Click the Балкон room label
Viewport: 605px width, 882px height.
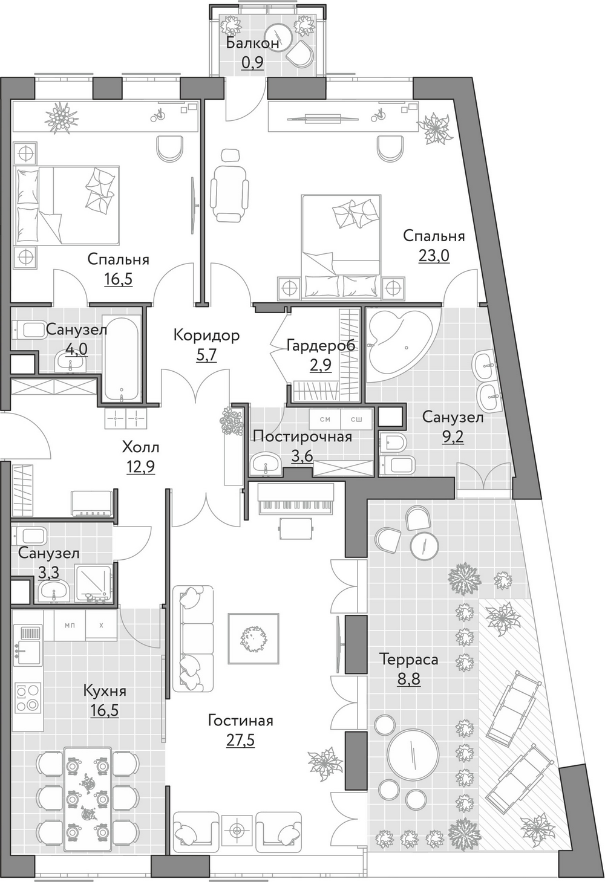point(253,43)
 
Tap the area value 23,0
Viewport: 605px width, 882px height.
point(434,256)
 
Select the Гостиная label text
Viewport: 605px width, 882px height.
point(240,721)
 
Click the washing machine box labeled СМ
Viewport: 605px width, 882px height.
point(325,420)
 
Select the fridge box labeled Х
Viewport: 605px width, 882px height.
point(101,625)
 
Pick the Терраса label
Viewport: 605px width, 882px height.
point(409,660)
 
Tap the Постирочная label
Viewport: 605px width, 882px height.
point(302,436)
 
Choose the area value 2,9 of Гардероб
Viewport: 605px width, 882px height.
point(321,365)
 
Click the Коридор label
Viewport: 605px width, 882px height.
point(206,336)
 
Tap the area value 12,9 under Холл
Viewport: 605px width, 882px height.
point(141,467)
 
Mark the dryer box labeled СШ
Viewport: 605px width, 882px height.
point(356,420)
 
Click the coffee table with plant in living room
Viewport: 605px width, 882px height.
point(254,638)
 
